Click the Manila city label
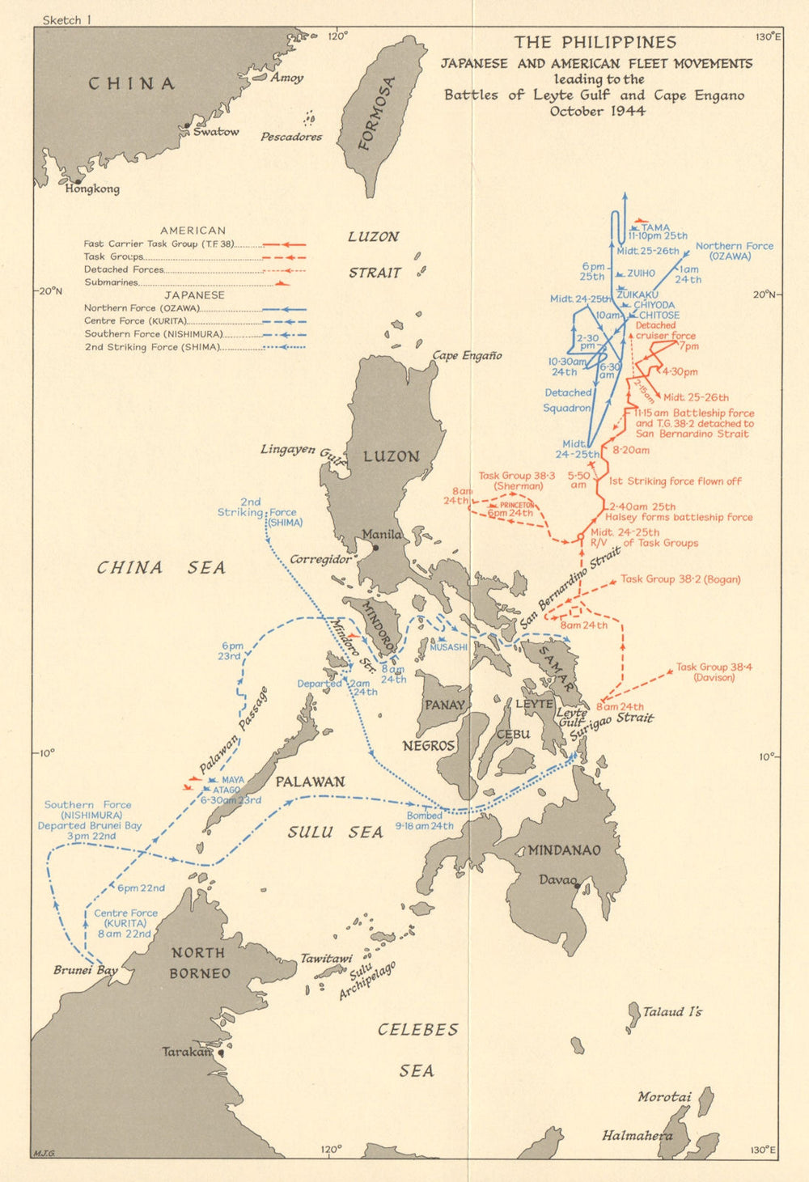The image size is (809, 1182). pos(382,534)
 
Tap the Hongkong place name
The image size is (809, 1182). pos(92,189)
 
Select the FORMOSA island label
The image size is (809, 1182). pos(378,113)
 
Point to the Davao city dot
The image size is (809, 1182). pos(578,887)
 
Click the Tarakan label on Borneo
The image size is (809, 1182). pos(186,1052)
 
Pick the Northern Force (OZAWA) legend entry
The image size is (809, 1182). pos(142,308)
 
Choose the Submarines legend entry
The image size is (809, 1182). pos(112,282)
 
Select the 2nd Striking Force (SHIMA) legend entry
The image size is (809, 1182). pos(151,347)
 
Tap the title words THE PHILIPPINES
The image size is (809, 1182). pos(595,42)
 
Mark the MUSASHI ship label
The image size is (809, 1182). pos(449,647)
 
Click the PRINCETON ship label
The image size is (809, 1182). pos(517,505)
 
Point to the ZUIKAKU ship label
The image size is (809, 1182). pos(637,294)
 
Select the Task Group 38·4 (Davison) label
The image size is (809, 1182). pos(714,672)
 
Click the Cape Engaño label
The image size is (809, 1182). pos(467,355)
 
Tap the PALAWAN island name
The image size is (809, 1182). pos(310,782)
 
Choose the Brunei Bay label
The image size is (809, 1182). pos(86,970)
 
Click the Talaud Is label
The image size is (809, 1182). pos(672,1011)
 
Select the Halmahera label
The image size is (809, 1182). pos(637,1136)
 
